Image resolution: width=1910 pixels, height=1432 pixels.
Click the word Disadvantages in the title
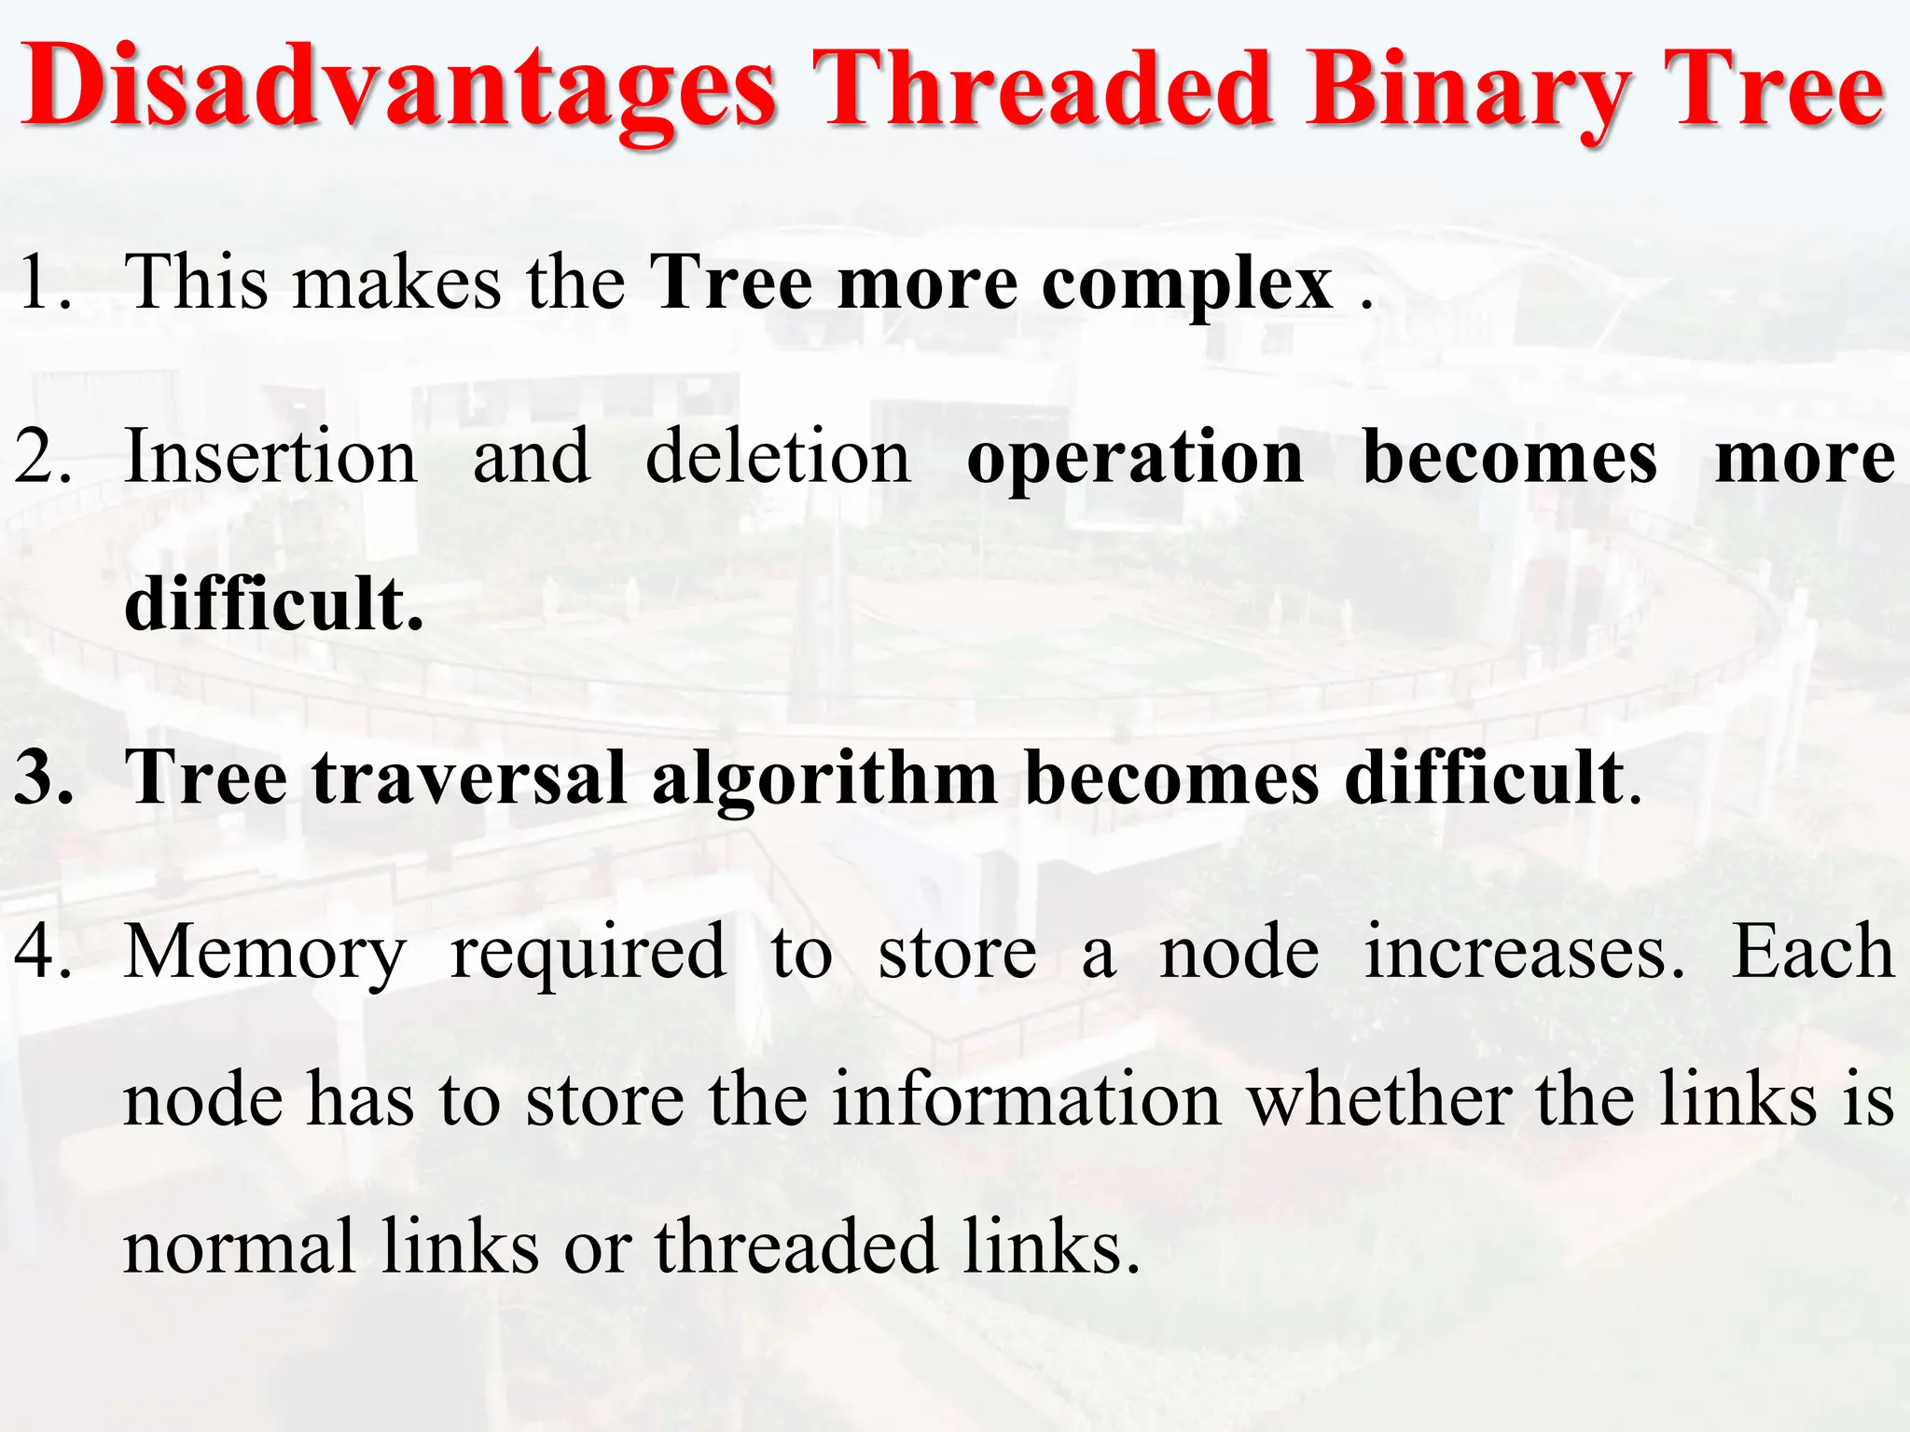[x=399, y=89]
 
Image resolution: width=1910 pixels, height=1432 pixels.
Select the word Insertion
[x=270, y=457]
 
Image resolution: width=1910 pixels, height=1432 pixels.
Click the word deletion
[x=778, y=457]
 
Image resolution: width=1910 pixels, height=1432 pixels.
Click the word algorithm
[x=824, y=779]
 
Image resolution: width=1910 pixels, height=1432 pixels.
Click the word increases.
[x=1524, y=952]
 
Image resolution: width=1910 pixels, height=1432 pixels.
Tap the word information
[x=1026, y=1100]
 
